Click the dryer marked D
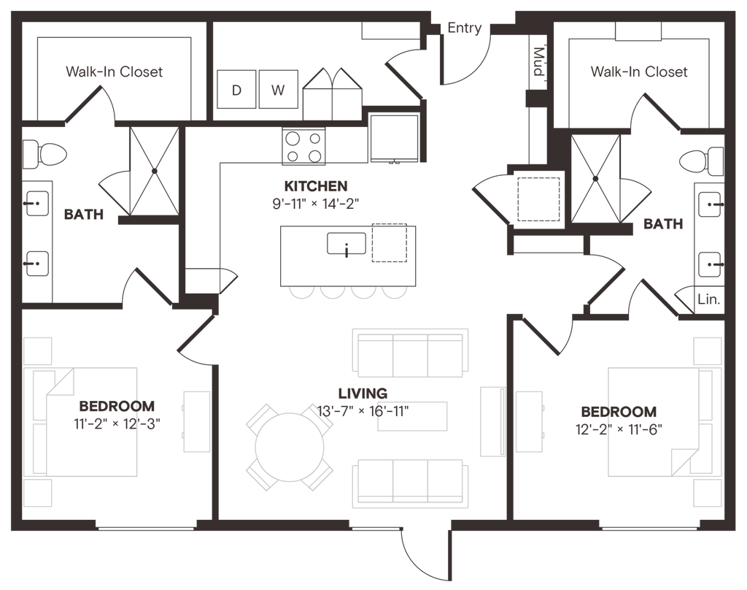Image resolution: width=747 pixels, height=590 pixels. tap(236, 89)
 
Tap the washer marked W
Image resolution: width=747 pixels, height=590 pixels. tap(278, 89)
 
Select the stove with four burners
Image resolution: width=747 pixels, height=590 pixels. tap(303, 147)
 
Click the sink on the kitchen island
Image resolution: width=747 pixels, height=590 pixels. tap(347, 244)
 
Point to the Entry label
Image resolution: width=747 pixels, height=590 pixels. tap(465, 28)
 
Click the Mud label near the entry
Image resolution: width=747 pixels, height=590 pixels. tap(538, 61)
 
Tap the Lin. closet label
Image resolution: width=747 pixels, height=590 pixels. tap(708, 299)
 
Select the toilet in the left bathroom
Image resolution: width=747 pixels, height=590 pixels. tap(44, 154)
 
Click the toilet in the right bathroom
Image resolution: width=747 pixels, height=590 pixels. tap(701, 161)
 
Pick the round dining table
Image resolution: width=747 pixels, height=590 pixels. tap(290, 448)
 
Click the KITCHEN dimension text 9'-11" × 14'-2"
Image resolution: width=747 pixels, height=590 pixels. tap(315, 204)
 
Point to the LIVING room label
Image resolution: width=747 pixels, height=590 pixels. tap(363, 394)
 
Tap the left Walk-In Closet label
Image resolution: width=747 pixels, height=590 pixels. tap(115, 72)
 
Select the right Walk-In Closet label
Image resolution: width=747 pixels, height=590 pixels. tap(639, 72)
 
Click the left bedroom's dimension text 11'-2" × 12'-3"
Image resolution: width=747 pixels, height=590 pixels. tap(117, 424)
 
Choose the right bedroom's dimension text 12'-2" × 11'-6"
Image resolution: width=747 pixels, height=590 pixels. tap(619, 429)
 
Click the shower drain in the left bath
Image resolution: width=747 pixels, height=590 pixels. tap(155, 171)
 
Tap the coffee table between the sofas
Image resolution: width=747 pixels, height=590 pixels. tap(413, 416)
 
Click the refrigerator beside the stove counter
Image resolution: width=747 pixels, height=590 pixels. tap(394, 138)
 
